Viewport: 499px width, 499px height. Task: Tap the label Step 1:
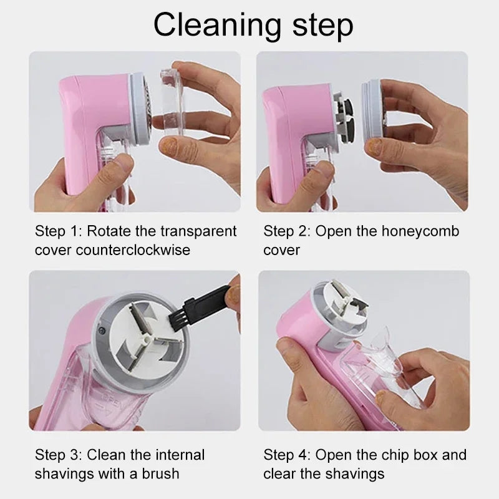click(58, 231)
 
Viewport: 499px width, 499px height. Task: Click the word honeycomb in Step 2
click(418, 231)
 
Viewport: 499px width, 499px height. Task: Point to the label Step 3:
click(58, 455)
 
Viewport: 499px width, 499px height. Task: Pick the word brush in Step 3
click(158, 473)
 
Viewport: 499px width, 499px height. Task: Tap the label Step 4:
click(286, 455)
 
